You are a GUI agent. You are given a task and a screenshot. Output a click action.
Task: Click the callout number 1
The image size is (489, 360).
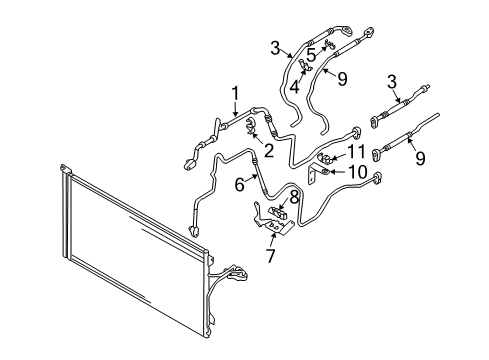(x=235, y=93)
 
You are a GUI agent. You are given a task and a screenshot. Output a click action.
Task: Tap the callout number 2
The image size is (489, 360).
(x=269, y=151)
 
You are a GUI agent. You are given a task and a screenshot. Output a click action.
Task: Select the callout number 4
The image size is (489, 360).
(x=294, y=87)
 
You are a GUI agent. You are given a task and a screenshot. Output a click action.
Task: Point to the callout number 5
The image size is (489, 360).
(x=311, y=55)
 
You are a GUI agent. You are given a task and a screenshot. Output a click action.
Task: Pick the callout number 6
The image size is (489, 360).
(x=239, y=185)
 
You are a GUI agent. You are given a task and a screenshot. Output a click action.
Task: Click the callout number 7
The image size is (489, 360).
(x=270, y=256)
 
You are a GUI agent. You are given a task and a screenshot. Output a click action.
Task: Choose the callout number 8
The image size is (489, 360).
(x=294, y=197)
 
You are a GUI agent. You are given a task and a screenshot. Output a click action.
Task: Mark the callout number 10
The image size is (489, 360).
(x=357, y=172)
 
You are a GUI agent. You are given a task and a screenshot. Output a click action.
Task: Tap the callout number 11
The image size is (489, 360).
(x=357, y=152)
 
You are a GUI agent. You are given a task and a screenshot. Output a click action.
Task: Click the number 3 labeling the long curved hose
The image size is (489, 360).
(x=275, y=48)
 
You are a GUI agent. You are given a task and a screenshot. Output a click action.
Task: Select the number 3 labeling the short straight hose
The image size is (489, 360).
(x=392, y=82)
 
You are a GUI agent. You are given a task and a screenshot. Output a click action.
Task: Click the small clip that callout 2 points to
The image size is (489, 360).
(x=251, y=125)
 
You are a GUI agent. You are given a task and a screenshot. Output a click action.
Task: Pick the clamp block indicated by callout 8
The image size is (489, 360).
(x=277, y=212)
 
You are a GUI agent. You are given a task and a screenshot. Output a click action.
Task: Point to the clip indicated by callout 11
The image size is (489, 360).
(x=324, y=157)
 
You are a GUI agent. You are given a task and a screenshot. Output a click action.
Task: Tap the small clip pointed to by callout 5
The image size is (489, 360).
(x=330, y=44)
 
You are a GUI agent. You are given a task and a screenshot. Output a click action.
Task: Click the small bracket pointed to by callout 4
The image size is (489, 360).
(x=305, y=65)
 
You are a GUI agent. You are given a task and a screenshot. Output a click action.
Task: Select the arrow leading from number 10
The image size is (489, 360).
(x=338, y=172)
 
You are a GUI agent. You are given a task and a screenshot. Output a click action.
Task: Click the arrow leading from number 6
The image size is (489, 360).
(x=251, y=179)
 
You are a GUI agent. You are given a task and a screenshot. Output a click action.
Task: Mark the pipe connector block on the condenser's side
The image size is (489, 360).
(x=237, y=273)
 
